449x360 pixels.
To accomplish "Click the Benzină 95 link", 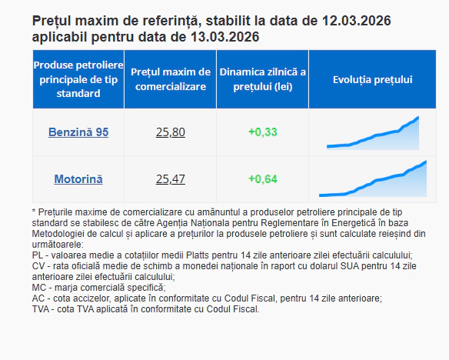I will tap(78, 132).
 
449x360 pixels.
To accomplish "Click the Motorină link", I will tap(78, 179).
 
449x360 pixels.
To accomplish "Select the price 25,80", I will tap(170, 132).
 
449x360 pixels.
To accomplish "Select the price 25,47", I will tap(170, 179).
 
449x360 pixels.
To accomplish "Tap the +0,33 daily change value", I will tap(262, 132).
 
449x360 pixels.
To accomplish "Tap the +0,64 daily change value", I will tap(262, 179).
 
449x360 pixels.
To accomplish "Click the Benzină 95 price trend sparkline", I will tap(373, 133).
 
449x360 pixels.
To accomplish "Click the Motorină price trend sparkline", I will tap(373, 179).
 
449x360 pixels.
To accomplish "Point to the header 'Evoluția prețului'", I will tap(373, 79).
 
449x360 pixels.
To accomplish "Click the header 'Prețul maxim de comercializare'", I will tap(170, 79).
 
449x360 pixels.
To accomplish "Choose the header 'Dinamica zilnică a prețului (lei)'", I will tap(262, 79).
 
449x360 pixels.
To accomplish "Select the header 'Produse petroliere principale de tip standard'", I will tap(78, 79).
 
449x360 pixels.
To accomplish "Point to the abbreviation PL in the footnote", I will tap(38, 255).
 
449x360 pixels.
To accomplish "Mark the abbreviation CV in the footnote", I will tap(39, 265).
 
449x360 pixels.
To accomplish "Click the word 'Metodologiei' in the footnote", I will tap(62, 233).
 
